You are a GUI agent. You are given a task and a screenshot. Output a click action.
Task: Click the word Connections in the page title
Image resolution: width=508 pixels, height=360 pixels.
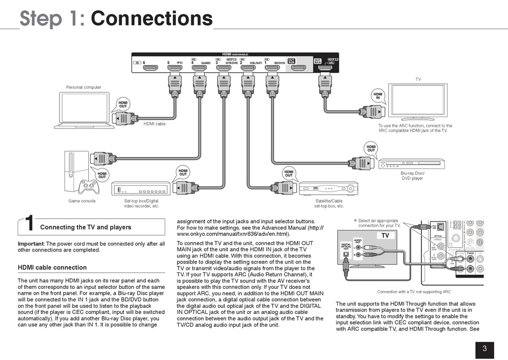click(152, 18)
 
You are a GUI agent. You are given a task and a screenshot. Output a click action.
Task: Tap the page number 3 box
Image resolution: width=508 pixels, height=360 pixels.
click(484, 349)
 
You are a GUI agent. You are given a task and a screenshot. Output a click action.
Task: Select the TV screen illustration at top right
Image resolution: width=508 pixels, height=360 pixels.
click(418, 100)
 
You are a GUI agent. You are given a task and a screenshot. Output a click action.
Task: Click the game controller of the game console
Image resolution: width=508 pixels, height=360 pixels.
click(88, 187)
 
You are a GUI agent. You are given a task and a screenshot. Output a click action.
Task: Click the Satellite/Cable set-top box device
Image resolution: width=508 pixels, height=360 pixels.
click(328, 188)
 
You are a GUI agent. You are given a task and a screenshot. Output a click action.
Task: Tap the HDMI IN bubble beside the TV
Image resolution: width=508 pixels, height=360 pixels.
click(379, 95)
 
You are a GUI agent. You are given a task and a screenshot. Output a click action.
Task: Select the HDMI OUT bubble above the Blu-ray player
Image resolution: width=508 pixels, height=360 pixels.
click(371, 148)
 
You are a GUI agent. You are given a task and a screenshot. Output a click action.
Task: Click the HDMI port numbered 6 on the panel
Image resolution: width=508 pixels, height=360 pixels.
click(150, 68)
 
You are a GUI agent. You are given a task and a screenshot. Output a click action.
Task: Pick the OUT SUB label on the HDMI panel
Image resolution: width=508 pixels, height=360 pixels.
click(291, 62)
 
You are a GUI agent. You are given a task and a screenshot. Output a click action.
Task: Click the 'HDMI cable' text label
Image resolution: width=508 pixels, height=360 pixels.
click(155, 124)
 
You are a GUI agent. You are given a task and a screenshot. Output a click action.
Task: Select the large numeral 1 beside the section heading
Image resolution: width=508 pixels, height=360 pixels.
click(30, 225)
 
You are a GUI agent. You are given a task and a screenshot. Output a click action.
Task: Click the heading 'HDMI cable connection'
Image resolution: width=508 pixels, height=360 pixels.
click(52, 267)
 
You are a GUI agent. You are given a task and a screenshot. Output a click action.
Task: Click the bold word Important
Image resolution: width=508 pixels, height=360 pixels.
click(30, 244)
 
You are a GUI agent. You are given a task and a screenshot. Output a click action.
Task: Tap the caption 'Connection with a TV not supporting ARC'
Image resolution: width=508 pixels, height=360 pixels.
click(414, 292)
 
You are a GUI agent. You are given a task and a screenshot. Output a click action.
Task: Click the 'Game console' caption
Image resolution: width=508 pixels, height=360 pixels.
click(82, 201)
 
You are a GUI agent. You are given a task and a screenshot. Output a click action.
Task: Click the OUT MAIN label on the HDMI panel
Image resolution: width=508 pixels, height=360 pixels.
click(317, 62)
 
